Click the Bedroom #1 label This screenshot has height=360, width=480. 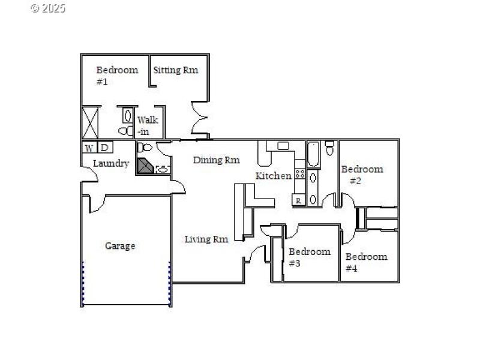(116, 75)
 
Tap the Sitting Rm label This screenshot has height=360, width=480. (175, 70)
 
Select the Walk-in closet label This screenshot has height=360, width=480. (147, 125)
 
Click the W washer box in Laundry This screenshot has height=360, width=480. (89, 148)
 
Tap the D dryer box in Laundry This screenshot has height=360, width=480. (104, 148)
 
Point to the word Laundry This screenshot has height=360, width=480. (110, 163)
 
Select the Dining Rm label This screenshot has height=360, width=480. (216, 160)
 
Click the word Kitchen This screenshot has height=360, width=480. (274, 176)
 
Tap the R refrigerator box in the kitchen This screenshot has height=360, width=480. (298, 201)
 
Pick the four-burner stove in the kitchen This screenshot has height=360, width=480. (300, 175)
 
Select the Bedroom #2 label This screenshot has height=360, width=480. (361, 175)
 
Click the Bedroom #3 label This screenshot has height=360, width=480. (309, 257)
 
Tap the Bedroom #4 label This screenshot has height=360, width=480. (366, 262)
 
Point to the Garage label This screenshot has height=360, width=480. (120, 246)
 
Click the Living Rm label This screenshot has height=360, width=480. (206, 239)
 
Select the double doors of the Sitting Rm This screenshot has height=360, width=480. (199, 118)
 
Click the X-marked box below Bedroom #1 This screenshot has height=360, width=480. (91, 122)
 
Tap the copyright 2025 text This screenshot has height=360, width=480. (47, 8)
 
